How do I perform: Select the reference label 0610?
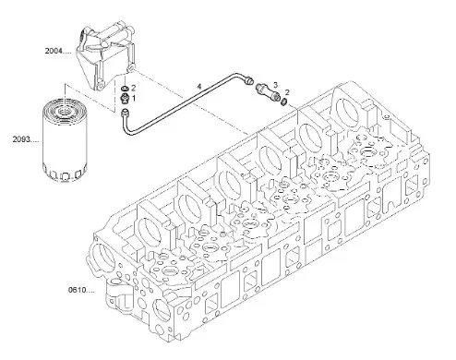tap(79, 290)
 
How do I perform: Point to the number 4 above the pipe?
tap(198, 86)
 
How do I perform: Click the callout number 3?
tap(275, 84)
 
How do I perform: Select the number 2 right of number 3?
tap(287, 92)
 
